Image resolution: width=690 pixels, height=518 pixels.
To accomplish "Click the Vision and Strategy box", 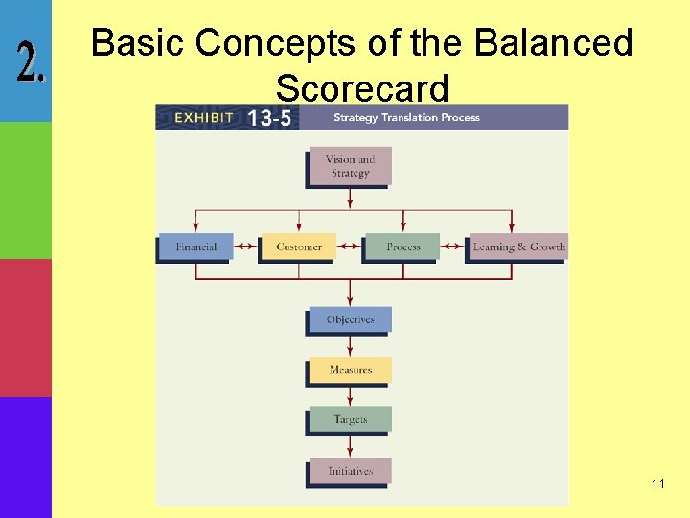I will coord(349,166).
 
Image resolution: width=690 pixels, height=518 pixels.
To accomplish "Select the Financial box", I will coord(196,247).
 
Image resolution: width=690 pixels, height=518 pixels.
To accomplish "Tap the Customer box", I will coord(299,247).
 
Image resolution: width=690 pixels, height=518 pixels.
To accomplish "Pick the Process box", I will coord(402,247).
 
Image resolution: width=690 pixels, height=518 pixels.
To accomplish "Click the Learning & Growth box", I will coord(518,247).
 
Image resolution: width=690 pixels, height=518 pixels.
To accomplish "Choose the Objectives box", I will coord(350,319).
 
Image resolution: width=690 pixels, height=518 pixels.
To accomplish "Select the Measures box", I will coord(350,369).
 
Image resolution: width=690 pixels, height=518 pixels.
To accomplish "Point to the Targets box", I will coord(350,419).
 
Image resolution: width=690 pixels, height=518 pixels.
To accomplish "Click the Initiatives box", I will coord(350,471).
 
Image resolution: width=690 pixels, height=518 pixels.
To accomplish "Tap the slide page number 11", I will coord(657,483).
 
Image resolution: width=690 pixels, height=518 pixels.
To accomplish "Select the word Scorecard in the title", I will coord(361,88).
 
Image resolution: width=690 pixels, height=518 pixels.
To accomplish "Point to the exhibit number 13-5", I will coord(272,118).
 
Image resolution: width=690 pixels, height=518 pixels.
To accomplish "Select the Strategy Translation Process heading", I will coord(406,118).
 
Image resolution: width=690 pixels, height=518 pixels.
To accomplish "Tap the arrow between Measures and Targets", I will coord(350,395).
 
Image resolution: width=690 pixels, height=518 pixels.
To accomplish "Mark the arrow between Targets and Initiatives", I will coord(350,445).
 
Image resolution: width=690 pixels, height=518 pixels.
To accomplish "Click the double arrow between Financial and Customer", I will coord(247,247).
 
